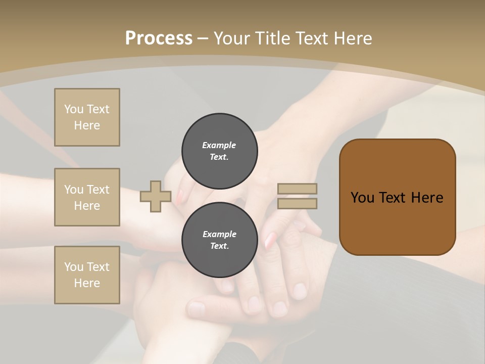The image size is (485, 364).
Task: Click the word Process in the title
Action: [x=159, y=38]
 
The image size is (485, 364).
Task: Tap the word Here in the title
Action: [x=352, y=38]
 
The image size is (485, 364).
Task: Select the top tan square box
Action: [x=87, y=117]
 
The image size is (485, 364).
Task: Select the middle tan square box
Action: [x=87, y=197]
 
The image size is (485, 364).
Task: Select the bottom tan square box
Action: [x=87, y=275]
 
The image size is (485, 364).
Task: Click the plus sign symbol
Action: [x=155, y=197]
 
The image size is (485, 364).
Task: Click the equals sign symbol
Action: [x=297, y=196]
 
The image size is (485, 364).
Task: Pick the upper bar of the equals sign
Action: [x=297, y=189]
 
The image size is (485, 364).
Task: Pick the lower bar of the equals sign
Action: [x=297, y=203]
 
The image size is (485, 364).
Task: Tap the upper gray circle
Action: [x=220, y=151]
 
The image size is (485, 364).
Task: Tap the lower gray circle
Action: [x=220, y=240]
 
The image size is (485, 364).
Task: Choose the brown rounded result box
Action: [x=397, y=197]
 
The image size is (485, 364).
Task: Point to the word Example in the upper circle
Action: [x=219, y=145]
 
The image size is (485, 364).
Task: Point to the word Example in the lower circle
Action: [x=219, y=234]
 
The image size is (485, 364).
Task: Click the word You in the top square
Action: [x=74, y=109]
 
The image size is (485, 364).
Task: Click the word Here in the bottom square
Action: [x=87, y=283]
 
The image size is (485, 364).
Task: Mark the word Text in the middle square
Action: [x=98, y=190]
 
